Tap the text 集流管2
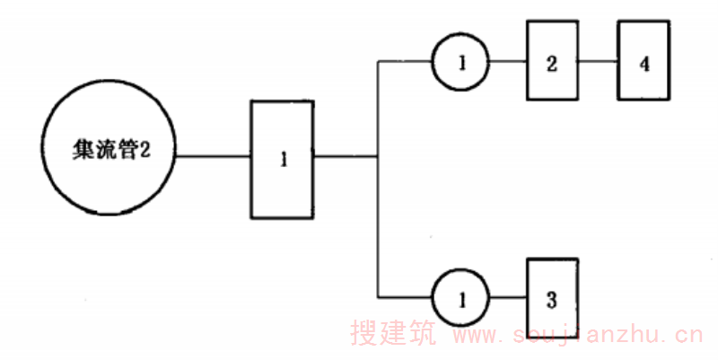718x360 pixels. coord(109,154)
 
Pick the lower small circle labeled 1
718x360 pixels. coord(461,298)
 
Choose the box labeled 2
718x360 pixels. coord(551,63)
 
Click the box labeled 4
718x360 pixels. coord(644,63)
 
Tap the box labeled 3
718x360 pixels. coord(551,296)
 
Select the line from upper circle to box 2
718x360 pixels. coord(507,63)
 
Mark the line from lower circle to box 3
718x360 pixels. coord(507,298)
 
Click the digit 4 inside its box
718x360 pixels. coord(644,64)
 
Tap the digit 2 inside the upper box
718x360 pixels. coord(551,64)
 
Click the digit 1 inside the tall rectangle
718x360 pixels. coord(283,161)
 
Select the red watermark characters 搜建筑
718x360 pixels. coord(392,336)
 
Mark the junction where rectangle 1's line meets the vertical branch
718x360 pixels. coord(378,156)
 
